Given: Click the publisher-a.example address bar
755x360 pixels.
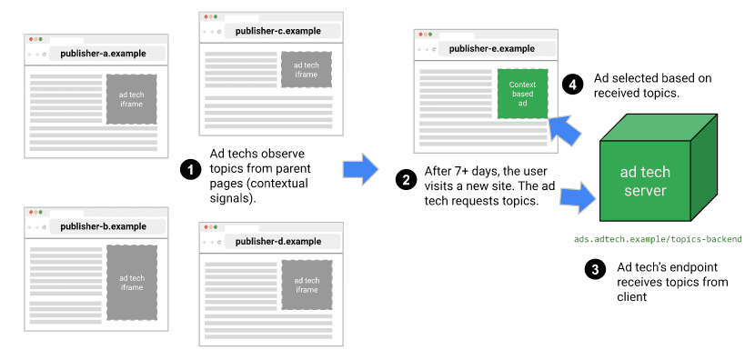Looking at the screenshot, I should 104,54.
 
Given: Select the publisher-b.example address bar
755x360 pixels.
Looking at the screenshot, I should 104,226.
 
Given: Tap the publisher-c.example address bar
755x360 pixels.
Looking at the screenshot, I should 279,31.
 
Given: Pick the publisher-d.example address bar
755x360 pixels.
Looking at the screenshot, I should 278,241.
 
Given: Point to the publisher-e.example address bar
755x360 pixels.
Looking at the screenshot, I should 492,49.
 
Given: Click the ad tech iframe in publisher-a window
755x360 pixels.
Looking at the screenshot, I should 132,100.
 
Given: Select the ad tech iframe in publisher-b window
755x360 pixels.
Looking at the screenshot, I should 132,282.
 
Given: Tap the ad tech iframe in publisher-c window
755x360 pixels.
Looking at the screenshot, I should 307,69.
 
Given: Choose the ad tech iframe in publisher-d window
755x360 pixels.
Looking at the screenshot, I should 307,285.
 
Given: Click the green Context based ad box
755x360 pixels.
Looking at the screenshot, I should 523,94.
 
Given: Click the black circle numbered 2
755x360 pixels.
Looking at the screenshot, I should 405,178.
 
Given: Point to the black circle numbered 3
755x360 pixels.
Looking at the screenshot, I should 595,270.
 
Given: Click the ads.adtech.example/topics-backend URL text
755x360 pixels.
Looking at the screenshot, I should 658,240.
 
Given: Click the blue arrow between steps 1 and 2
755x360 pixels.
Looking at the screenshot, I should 359,168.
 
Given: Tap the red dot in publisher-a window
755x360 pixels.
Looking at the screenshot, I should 31,39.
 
